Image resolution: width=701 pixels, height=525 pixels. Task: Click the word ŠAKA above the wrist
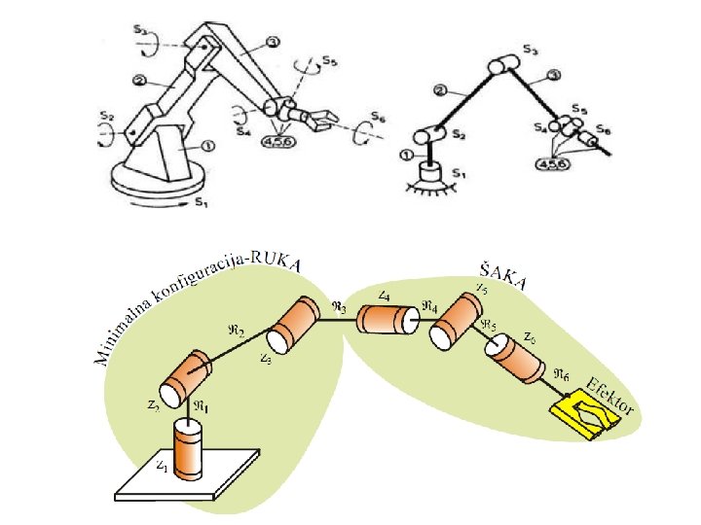coord(503,275)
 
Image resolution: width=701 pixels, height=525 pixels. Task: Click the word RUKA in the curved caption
coord(278,260)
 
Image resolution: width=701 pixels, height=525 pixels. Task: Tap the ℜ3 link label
coord(339,305)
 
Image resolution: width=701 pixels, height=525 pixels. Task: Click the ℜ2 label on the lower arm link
coord(236,331)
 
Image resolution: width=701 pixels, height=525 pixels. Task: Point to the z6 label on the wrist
coord(529,337)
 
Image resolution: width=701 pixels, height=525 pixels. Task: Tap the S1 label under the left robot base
coord(201,202)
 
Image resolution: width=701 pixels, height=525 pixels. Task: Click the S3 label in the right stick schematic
coord(529,48)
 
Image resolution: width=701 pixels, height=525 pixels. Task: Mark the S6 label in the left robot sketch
coord(379,118)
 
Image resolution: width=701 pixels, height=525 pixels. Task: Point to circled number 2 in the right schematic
coord(440,90)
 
